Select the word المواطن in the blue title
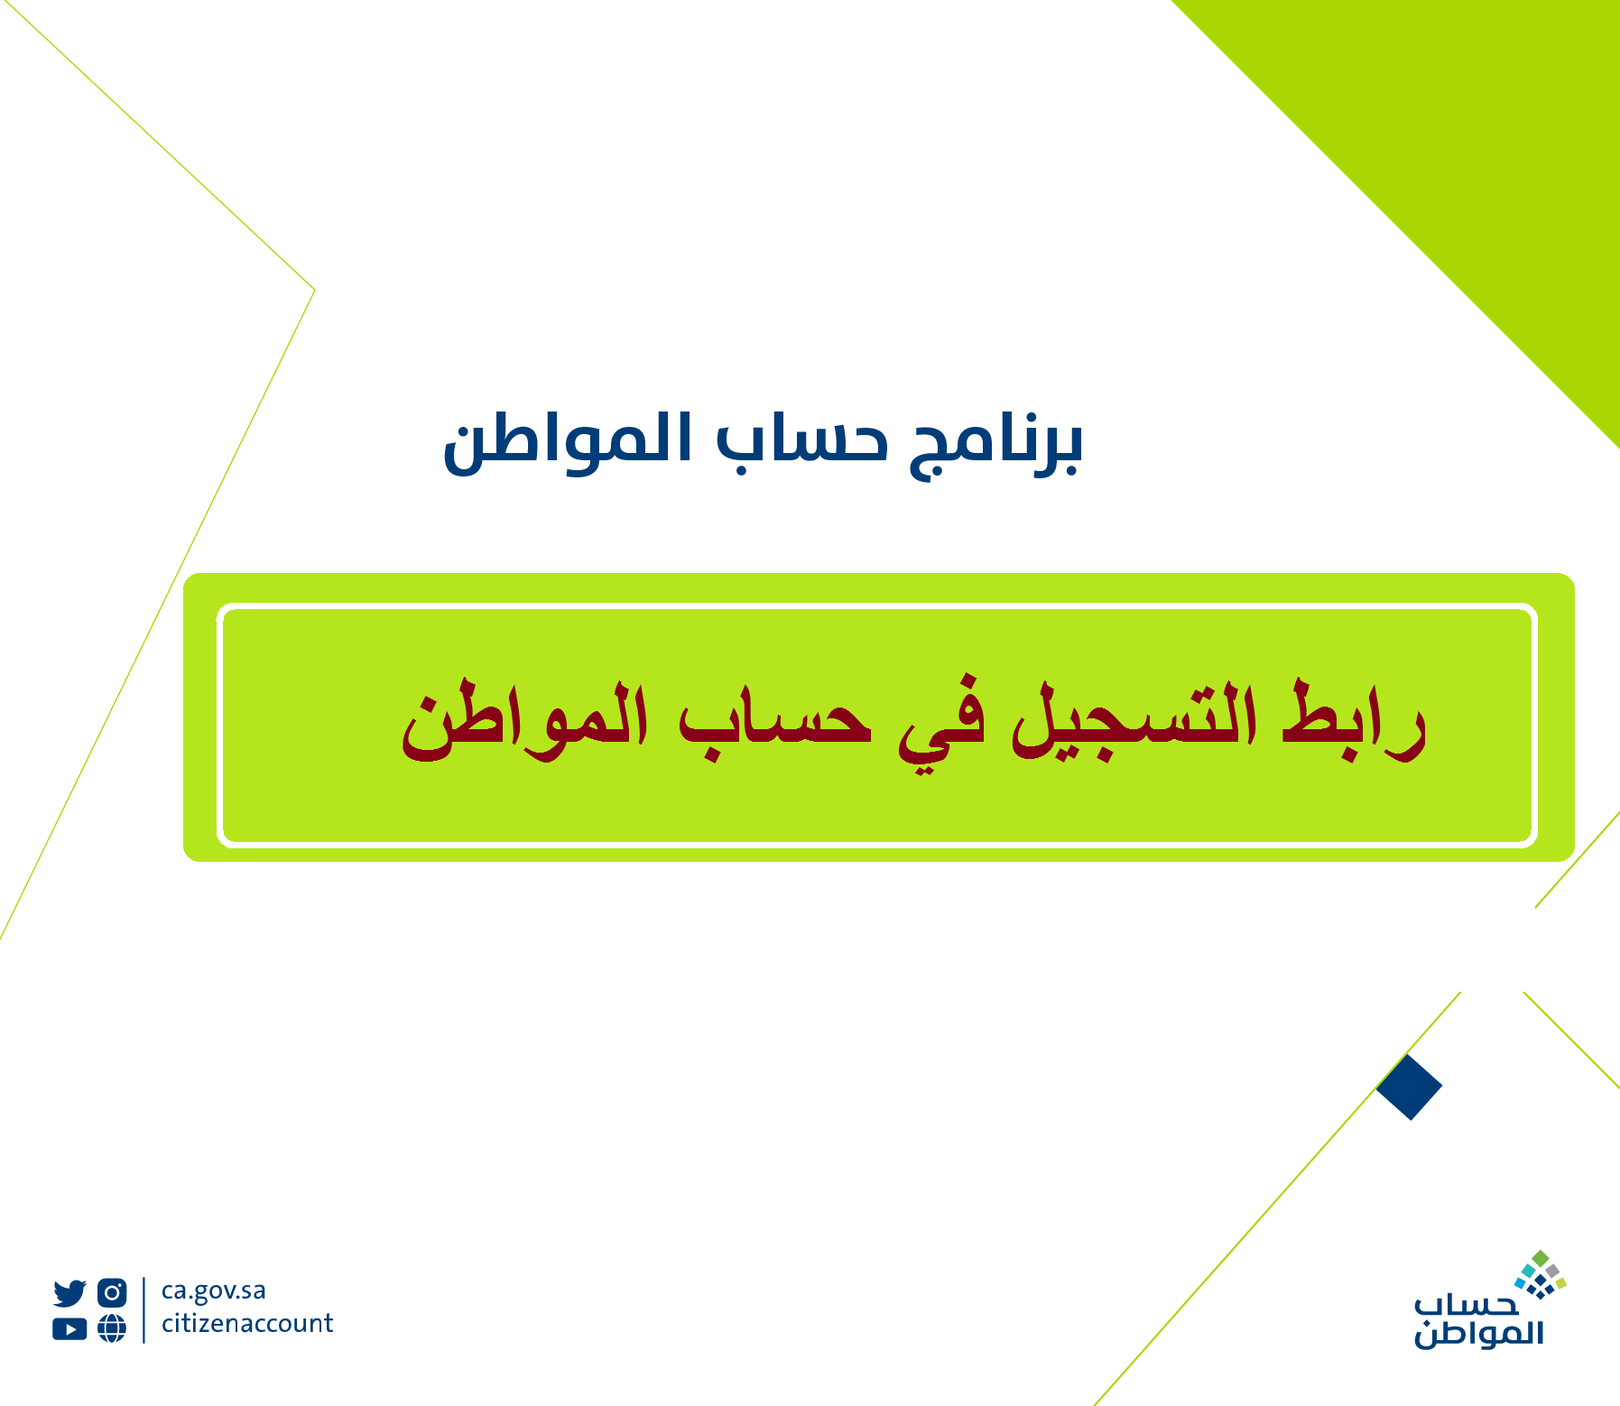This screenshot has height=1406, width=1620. tap(569, 441)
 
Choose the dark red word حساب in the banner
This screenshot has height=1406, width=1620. tap(776, 723)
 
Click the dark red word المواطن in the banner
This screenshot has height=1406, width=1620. tap(524, 722)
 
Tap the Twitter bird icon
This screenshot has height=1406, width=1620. tap(69, 1293)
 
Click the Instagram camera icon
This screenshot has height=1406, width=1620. tap(112, 1293)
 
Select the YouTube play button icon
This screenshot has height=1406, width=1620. tap(69, 1329)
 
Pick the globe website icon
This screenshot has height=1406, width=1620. tap(112, 1328)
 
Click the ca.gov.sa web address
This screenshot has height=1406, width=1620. tap(214, 1291)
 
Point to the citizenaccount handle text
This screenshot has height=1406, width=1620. tap(247, 1323)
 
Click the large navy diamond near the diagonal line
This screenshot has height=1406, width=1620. tap(1409, 1087)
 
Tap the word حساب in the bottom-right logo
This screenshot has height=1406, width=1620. tap(1467, 1305)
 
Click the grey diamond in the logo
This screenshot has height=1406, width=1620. tap(1552, 1271)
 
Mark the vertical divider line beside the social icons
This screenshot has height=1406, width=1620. tap(143, 1310)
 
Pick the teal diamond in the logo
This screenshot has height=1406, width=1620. tap(1529, 1272)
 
